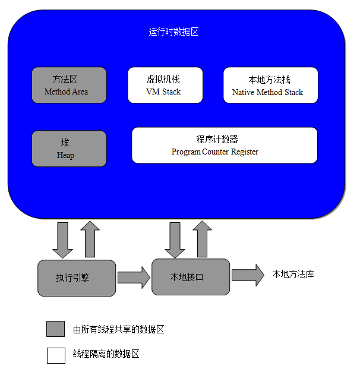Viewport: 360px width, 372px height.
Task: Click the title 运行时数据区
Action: (173, 32)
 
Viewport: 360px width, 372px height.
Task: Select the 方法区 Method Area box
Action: (69, 85)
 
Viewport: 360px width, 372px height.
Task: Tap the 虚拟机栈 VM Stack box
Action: (165, 85)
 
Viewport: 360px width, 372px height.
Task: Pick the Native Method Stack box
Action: (270, 85)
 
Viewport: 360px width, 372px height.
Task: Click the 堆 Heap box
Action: (69, 149)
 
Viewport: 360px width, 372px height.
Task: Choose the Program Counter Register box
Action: (225, 145)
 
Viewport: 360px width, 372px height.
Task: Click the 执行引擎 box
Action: (77, 278)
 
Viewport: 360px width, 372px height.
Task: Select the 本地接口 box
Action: (190, 277)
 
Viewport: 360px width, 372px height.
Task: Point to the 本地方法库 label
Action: (293, 275)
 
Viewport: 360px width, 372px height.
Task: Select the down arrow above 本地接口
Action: (175, 239)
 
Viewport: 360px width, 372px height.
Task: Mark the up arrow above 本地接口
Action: (202, 239)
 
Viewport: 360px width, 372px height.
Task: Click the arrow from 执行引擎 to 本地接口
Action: (134, 277)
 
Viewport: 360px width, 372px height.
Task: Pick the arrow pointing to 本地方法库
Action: (248, 275)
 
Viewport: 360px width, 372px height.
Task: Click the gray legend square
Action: (56, 329)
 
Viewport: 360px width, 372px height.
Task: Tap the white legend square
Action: (56, 355)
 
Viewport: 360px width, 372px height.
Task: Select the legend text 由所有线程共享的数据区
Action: (118, 330)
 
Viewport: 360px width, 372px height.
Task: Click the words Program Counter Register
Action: (215, 152)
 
